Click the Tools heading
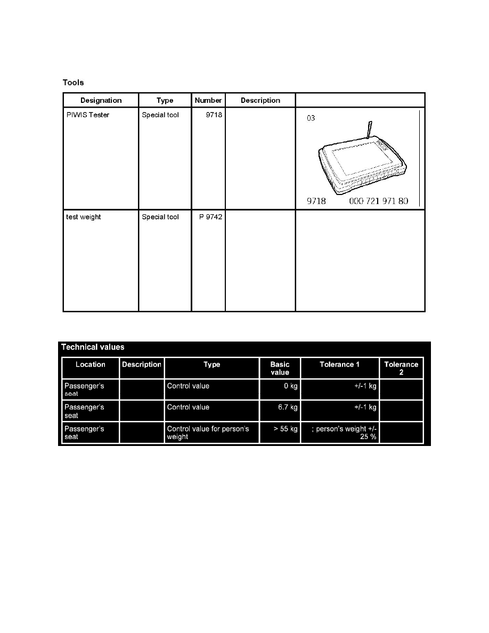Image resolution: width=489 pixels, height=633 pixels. (74, 83)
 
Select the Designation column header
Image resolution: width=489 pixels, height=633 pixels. (101, 100)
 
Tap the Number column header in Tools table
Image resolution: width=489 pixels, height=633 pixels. (208, 100)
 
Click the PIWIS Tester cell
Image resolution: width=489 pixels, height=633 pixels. (88, 115)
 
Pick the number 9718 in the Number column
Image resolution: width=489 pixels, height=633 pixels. (214, 115)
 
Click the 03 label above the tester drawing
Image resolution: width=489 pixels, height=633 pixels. (311, 118)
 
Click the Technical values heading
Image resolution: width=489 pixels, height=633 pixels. (93, 347)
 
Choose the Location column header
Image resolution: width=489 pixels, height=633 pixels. (90, 365)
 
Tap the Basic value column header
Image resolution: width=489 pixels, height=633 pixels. (280, 368)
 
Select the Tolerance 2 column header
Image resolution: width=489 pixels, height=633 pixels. (401, 368)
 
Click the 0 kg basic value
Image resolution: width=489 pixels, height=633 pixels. (290, 386)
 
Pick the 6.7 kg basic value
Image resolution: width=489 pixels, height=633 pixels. (287, 408)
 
